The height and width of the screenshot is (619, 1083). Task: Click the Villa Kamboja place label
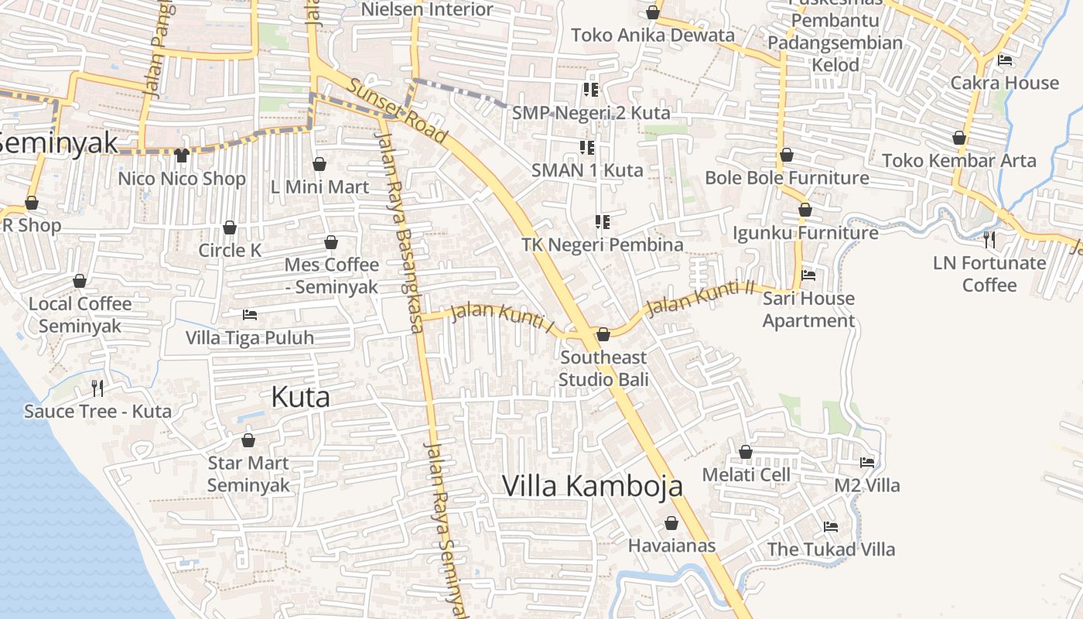[x=593, y=486]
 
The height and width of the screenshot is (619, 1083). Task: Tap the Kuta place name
[x=300, y=397]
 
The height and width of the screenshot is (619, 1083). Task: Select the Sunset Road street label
[x=398, y=111]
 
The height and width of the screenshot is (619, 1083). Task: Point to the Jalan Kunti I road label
[x=502, y=318]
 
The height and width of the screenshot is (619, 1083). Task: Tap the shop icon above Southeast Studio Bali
[x=603, y=334]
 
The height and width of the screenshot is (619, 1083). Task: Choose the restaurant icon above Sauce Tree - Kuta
[x=97, y=388]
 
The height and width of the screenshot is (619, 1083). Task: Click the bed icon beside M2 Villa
[x=867, y=463]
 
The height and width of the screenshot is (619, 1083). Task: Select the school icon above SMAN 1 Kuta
[x=587, y=147]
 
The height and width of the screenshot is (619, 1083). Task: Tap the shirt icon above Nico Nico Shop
[x=182, y=156]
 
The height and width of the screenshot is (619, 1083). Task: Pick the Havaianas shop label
[x=671, y=545]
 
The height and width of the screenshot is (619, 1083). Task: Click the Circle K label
[x=230, y=250]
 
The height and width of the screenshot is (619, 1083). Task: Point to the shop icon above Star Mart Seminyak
[x=248, y=441]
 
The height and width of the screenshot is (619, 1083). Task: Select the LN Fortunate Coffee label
[x=989, y=274]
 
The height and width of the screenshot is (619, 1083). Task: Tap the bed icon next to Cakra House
[x=1005, y=60]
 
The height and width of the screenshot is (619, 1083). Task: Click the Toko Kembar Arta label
[x=959, y=161]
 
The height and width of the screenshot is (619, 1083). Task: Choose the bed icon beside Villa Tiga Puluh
[x=250, y=314]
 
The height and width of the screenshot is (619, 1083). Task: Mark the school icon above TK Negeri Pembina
[x=603, y=223]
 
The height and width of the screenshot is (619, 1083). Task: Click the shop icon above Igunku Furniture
[x=805, y=210]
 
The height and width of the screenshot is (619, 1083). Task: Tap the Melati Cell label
[x=746, y=474]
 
